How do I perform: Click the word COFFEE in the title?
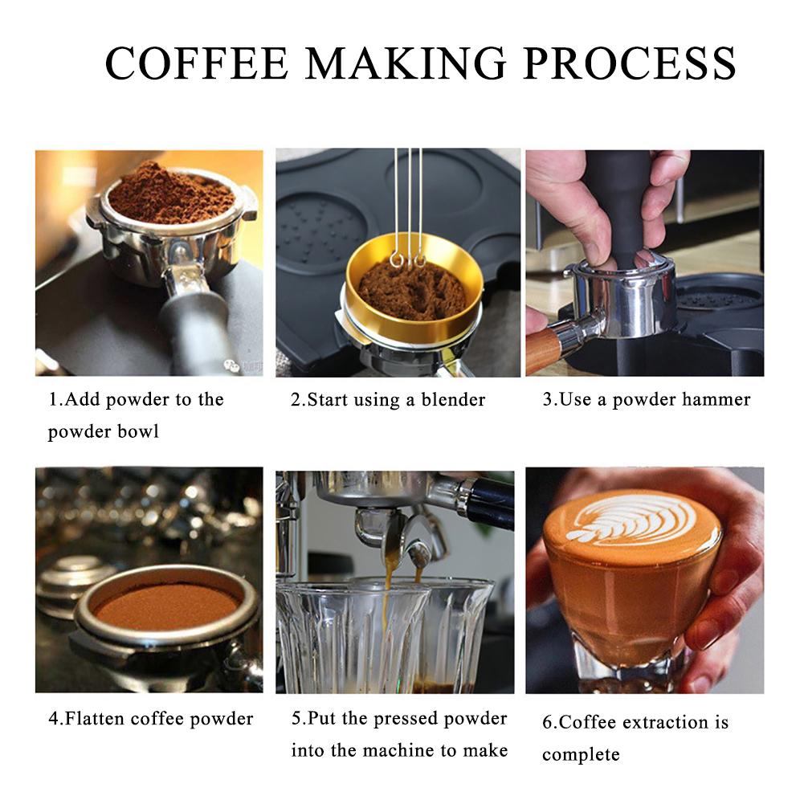coord(197,63)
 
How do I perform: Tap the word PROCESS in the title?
coord(631,63)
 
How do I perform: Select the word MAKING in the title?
coord(406,63)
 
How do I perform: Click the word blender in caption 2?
coord(453,399)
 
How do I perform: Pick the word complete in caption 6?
coord(581,755)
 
